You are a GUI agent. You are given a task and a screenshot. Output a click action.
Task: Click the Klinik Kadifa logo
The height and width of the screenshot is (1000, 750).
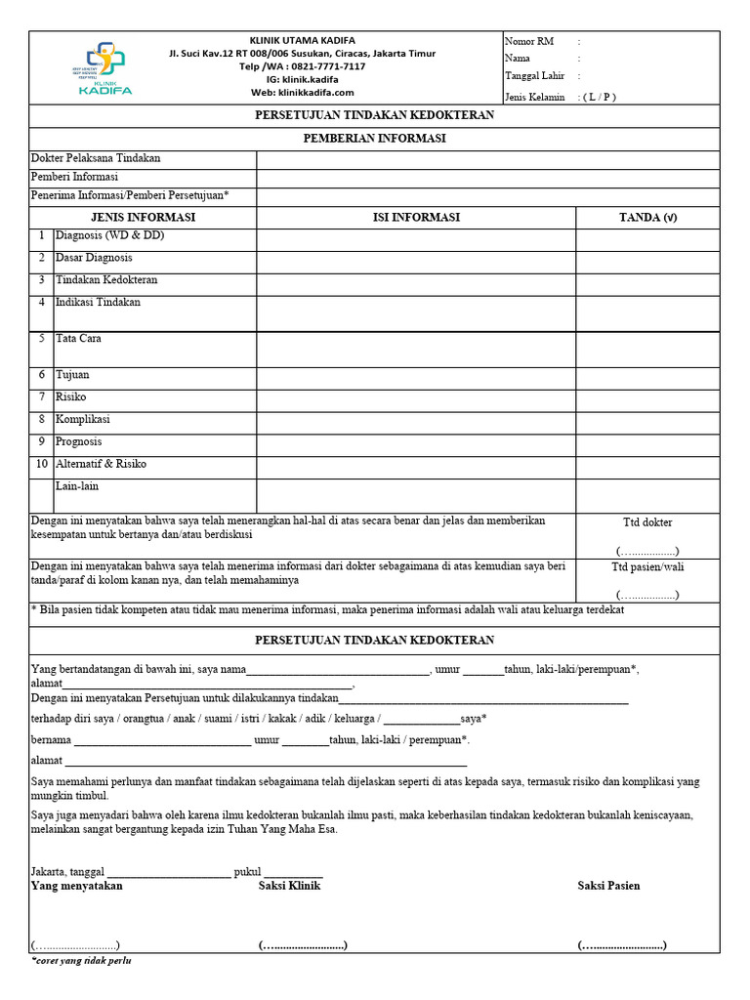click(104, 68)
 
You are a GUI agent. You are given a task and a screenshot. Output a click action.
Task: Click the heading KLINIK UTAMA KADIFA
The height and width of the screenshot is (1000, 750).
click(302, 39)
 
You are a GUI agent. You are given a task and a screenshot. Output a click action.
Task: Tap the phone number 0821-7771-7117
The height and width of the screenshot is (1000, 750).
click(321, 66)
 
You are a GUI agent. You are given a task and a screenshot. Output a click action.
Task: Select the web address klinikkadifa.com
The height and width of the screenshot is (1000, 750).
click(316, 93)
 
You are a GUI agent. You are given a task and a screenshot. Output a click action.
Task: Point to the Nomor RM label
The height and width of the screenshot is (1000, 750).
click(529, 41)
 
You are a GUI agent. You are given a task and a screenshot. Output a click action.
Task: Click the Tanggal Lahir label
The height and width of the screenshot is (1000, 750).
click(533, 76)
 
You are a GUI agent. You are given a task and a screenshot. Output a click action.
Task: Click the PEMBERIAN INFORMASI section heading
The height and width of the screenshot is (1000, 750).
click(374, 139)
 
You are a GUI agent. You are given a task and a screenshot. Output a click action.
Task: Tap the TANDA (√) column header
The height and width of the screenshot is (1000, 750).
click(647, 217)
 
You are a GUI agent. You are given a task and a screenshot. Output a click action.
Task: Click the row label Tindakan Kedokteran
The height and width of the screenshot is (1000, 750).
click(106, 280)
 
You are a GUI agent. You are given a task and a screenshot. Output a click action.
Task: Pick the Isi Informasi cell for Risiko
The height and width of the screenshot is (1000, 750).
click(416, 399)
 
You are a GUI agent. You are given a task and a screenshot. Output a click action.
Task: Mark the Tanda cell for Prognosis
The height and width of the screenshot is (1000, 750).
click(647, 444)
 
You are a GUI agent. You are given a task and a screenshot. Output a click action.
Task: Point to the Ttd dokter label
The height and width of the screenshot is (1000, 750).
click(647, 522)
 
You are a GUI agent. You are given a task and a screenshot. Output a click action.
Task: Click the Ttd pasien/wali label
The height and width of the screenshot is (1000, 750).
click(647, 566)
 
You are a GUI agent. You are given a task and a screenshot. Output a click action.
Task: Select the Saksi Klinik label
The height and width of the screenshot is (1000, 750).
click(289, 886)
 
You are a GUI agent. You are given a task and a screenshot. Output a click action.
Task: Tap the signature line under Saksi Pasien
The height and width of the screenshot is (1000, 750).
click(622, 945)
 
